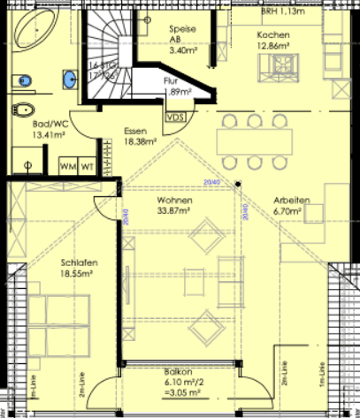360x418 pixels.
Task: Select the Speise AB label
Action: point(184,34)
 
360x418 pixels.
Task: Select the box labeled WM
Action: point(67,166)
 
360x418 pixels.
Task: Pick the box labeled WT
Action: point(88,166)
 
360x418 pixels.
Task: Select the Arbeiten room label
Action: point(291,201)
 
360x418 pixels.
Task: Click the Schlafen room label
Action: point(79,263)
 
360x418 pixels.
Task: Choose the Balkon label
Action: point(180,372)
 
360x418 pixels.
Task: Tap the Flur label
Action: point(172,80)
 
